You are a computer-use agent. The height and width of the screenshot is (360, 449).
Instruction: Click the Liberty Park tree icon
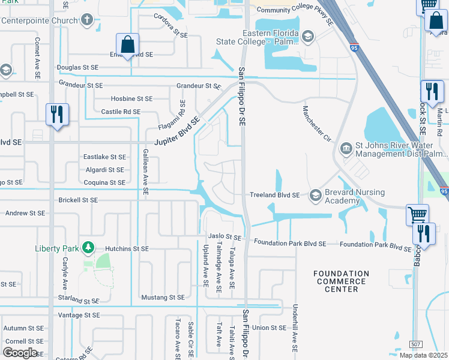coord(88,247)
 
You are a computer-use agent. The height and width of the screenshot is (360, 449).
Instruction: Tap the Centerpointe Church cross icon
coord(88,20)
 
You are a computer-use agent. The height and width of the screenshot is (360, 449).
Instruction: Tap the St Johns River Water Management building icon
coord(346,148)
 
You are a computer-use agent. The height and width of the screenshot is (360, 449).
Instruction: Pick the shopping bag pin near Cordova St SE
coord(128,44)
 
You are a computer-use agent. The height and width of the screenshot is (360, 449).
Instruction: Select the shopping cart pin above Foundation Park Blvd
coord(417,214)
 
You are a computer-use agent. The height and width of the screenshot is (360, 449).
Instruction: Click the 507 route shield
coord(415,344)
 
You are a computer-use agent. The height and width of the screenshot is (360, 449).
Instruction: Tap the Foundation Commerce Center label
coord(341,281)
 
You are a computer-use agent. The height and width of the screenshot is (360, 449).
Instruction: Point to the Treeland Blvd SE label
coord(274,194)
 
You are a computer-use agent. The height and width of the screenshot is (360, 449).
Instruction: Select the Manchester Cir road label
coord(317,125)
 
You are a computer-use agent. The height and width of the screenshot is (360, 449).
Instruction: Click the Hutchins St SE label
coord(127,248)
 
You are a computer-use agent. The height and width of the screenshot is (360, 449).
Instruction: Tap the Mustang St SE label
coord(163,297)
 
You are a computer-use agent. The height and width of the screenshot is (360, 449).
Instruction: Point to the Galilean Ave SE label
coord(145,172)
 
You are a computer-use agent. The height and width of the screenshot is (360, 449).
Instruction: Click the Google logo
coord(20,352)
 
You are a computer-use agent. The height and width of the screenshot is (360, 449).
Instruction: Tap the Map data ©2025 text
coord(423,355)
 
